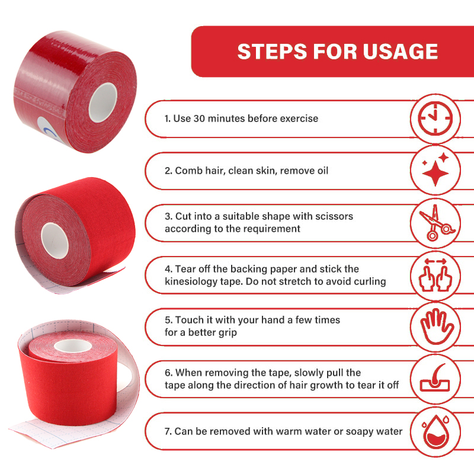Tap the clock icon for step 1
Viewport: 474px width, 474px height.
(x=435, y=118)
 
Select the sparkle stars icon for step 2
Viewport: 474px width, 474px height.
(x=435, y=171)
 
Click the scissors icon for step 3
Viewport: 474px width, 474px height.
(x=435, y=222)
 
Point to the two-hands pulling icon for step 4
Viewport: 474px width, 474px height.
(x=435, y=274)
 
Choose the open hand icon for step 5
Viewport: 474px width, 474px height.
(x=435, y=326)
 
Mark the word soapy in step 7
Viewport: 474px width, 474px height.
(x=346, y=431)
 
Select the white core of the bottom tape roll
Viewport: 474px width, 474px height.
(x=70, y=347)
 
